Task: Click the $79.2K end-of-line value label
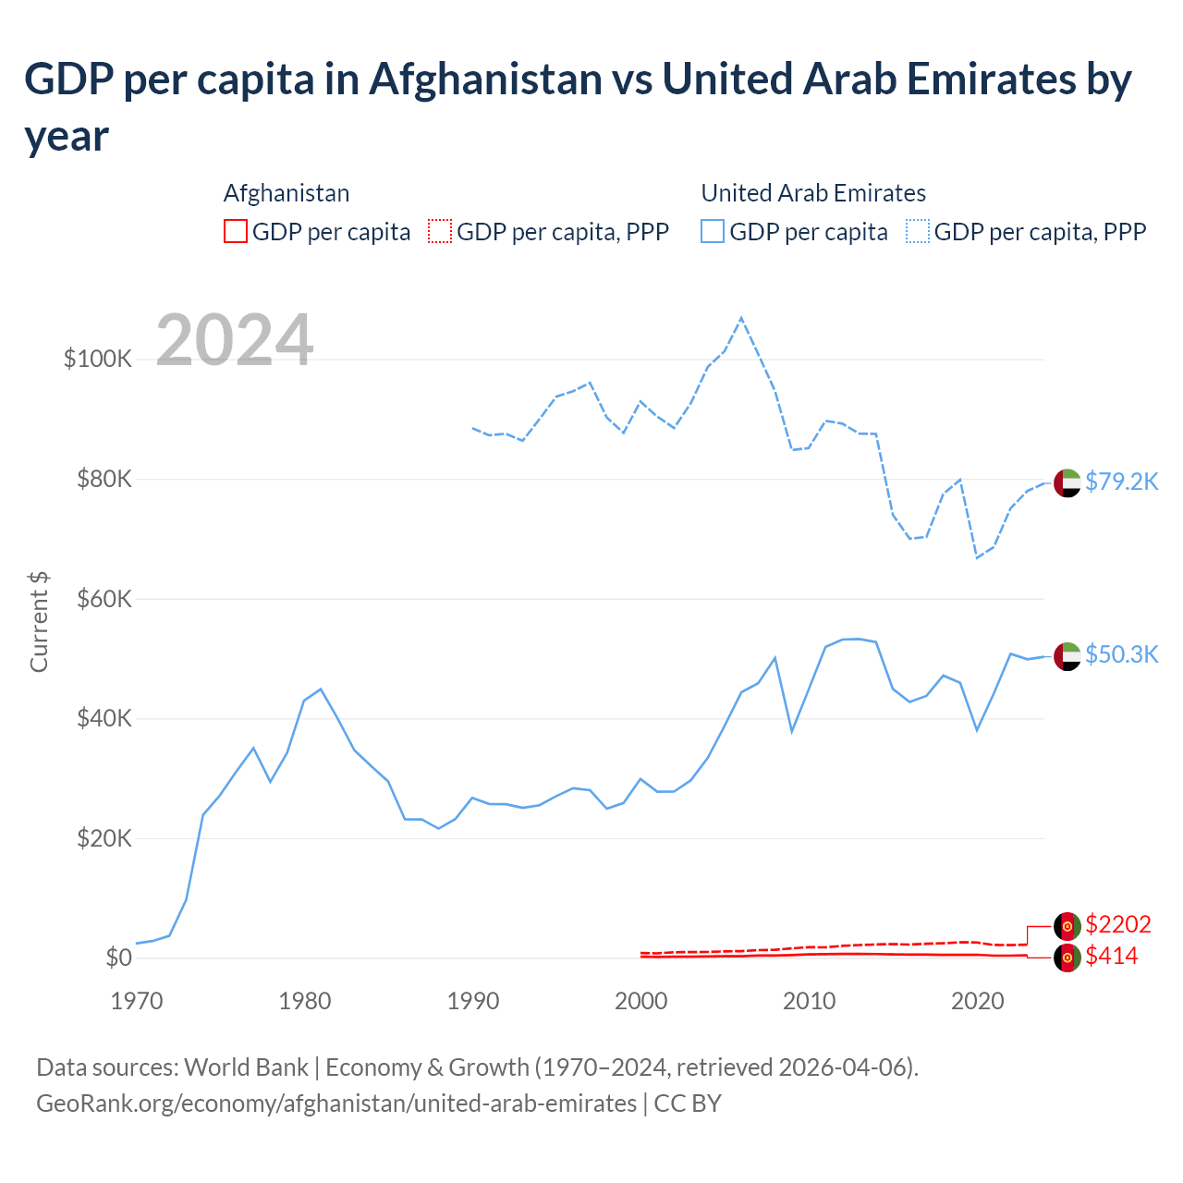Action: pos(1121,482)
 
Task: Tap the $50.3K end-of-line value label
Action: pos(1121,654)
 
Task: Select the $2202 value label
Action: pos(1117,924)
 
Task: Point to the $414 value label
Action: pos(1111,956)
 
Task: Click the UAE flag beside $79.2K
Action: pos(1067,482)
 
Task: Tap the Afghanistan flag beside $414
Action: pos(1067,957)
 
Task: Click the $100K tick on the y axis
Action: pos(98,359)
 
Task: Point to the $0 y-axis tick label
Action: pos(118,957)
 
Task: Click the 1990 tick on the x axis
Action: pos(473,1001)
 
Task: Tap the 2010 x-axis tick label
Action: pos(810,1001)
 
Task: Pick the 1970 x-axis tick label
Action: pos(137,1001)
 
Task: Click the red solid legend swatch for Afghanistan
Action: pos(236,231)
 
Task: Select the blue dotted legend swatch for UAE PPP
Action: pos(918,231)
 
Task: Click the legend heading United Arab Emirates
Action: pos(813,193)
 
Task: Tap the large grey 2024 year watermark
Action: pos(235,340)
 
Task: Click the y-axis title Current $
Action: pos(39,621)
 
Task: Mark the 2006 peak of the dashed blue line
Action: pos(741,318)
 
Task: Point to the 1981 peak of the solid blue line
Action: pos(321,689)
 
